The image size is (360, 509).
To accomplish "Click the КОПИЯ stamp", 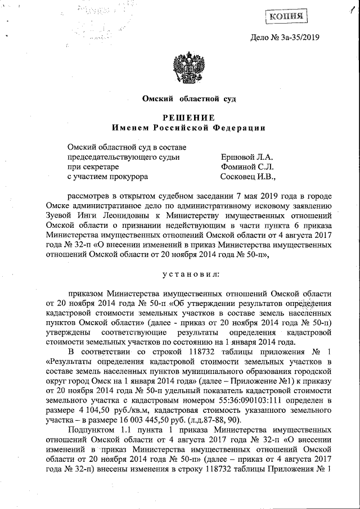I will [286, 16].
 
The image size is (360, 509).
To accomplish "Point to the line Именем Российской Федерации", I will [188, 128].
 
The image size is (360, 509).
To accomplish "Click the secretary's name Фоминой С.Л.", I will [247, 167].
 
